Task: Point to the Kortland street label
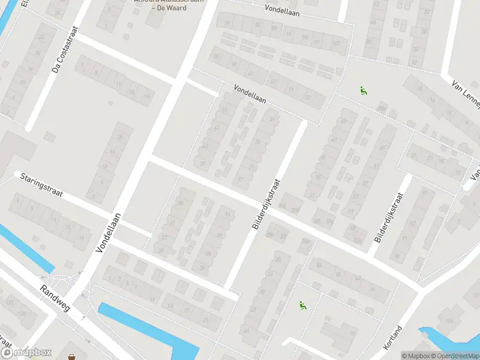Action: (x=392, y=338)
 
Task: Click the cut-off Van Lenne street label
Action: (x=466, y=94)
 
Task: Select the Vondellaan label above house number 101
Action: (x=283, y=9)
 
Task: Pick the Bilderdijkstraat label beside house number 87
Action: (x=387, y=217)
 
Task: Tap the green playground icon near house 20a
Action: (x=364, y=91)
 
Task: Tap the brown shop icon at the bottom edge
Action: (x=73, y=357)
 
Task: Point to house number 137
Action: (x=22, y=314)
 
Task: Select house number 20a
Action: (x=382, y=109)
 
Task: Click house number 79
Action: (x=227, y=23)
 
